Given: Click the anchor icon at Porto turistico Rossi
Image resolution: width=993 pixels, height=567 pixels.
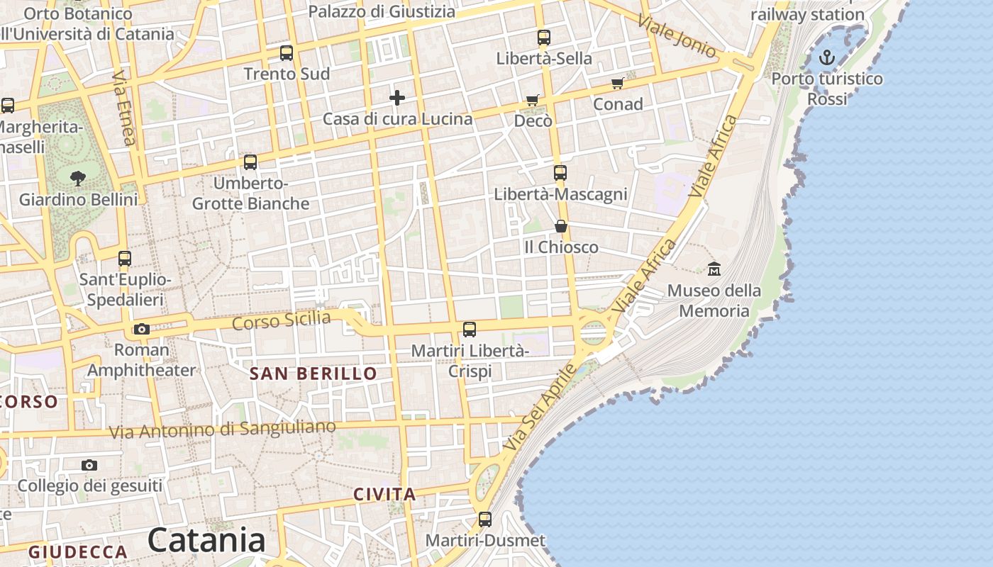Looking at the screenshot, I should [827, 57].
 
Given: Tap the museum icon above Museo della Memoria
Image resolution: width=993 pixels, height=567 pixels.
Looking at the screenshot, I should [714, 269].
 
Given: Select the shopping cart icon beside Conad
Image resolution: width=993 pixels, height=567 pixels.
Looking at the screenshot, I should [618, 84].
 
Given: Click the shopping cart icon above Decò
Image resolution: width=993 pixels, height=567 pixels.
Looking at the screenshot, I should [533, 101].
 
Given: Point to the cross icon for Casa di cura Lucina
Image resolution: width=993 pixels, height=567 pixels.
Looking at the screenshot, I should [397, 97].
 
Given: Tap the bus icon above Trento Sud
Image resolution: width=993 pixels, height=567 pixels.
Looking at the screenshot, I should [287, 52].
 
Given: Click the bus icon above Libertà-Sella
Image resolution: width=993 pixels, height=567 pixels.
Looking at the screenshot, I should [544, 38].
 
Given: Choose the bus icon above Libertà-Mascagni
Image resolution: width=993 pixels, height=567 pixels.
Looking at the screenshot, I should [560, 172].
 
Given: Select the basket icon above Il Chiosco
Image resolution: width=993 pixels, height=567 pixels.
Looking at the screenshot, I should [561, 226].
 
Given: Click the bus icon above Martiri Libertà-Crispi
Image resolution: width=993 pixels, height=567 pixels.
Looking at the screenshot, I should [470, 329].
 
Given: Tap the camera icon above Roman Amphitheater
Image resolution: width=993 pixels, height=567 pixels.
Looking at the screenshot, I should [142, 329].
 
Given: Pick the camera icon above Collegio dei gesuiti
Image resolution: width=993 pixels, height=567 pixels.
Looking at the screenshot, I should [89, 465].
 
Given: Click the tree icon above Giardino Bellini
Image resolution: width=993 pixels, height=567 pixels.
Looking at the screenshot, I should [78, 178].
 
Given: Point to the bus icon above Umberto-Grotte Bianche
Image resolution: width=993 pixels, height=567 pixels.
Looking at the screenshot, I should [250, 162].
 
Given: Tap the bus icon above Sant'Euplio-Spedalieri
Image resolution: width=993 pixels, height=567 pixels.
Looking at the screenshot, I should [125, 258].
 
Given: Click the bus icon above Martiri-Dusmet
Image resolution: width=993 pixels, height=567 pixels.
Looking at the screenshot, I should [485, 520].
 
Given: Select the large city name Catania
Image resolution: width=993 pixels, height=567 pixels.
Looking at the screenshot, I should [206, 540].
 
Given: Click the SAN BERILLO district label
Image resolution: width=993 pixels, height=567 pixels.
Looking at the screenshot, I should [314, 374].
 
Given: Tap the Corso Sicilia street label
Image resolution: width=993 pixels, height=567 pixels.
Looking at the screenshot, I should [282, 320].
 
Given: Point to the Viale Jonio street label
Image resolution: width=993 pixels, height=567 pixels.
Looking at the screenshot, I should [677, 35].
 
